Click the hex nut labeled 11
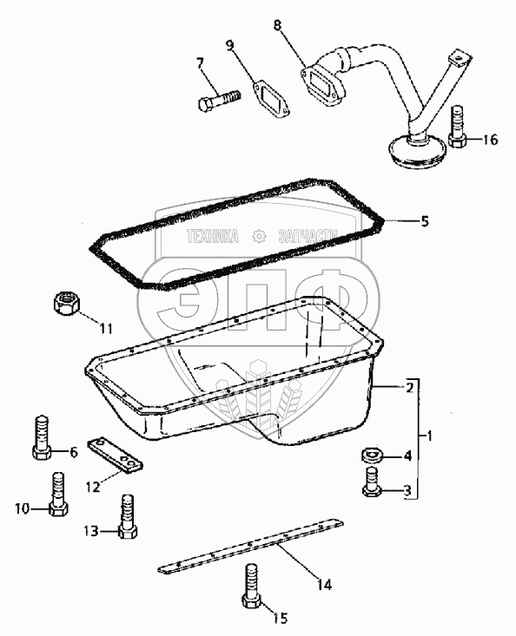pos(67,304)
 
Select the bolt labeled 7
pos(220,100)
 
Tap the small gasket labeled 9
pos(272,100)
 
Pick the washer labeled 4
pos(373,456)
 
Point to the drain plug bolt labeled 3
pos(372,482)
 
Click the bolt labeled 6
pos(41,437)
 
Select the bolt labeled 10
pos(58,494)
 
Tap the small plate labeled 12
pos(116,456)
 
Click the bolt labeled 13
pos(128,516)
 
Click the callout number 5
pos(424,221)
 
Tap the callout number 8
pos(277,25)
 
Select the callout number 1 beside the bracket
pos(429,436)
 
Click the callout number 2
pos(410,387)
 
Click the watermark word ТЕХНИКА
pos(212,236)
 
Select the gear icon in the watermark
pos(259,236)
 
